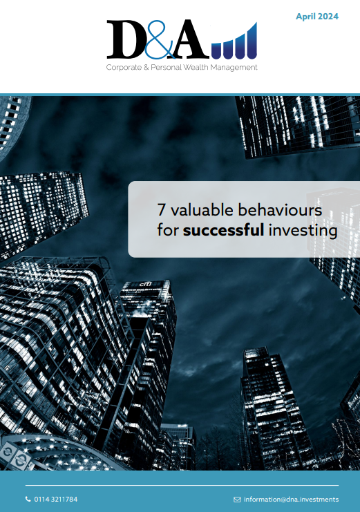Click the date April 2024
[317, 17]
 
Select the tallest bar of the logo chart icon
[252, 41]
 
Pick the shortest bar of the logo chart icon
[216, 50]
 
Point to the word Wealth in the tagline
[196, 67]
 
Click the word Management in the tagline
[234, 68]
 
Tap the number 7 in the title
[162, 210]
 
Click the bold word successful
[223, 230]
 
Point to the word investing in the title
[303, 231]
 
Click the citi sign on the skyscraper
[145, 285]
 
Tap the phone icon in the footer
[28, 499]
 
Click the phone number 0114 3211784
[56, 500]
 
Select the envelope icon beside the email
[237, 500]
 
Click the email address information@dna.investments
[291, 500]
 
